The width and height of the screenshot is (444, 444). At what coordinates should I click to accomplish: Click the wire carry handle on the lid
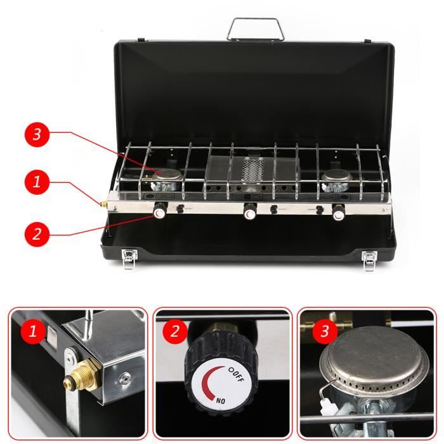(x=256, y=20)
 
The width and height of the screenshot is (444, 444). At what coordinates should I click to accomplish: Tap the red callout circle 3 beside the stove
(x=37, y=134)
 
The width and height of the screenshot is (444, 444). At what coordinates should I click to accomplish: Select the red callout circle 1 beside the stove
(x=37, y=182)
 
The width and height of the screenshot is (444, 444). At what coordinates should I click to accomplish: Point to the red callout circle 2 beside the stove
(x=37, y=234)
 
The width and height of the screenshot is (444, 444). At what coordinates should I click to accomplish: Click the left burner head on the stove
(x=166, y=174)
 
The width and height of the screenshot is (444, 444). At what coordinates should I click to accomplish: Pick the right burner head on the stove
(x=336, y=176)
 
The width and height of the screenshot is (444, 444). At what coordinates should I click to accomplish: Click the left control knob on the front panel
(x=160, y=211)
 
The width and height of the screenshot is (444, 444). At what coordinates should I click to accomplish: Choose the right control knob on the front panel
(x=338, y=213)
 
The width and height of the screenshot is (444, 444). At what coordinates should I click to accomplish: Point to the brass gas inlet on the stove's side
(x=103, y=203)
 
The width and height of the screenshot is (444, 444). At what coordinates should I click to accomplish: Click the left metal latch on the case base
(x=129, y=259)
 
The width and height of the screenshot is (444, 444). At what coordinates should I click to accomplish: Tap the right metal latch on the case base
(x=370, y=261)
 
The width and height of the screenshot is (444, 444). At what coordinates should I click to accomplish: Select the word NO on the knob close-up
(x=221, y=401)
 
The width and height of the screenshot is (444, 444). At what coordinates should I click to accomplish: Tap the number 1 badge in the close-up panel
(x=33, y=331)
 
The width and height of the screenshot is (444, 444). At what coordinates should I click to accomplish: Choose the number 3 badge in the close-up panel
(x=325, y=331)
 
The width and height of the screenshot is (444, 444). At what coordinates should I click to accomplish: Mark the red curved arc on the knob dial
(x=204, y=382)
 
